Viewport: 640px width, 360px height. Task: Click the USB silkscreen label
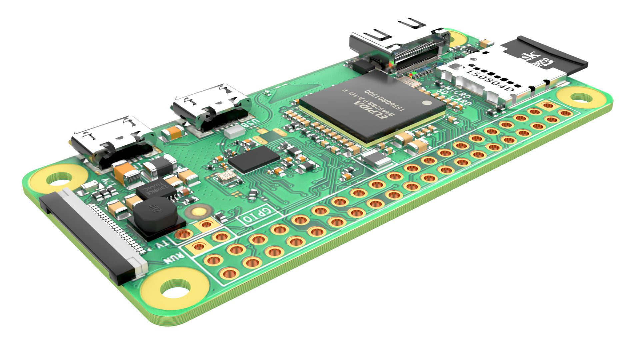click(x=250, y=124)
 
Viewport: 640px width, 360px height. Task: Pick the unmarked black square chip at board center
click(x=254, y=159)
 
